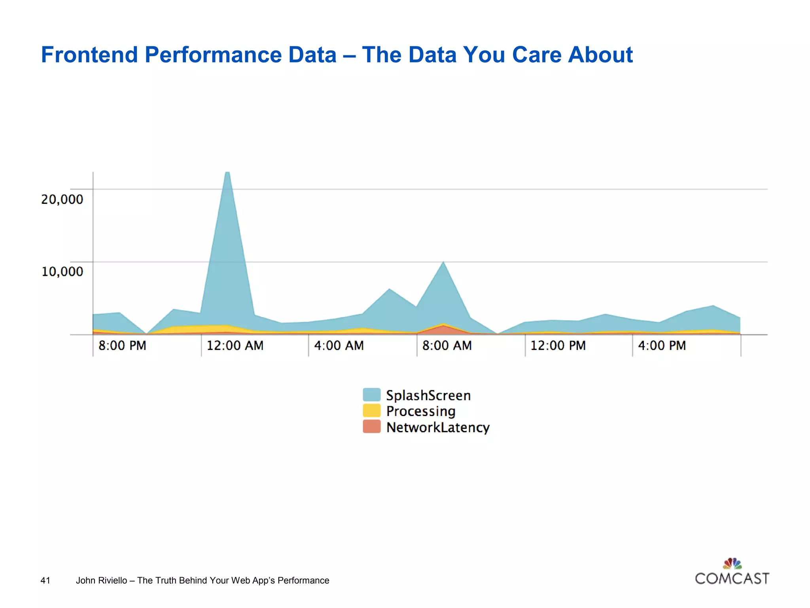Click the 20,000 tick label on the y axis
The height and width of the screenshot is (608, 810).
click(62, 199)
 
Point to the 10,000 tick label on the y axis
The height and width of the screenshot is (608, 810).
click(62, 272)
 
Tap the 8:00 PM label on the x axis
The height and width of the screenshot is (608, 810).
click(122, 346)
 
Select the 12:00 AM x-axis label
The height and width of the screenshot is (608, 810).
click(235, 346)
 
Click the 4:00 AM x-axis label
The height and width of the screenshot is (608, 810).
click(339, 346)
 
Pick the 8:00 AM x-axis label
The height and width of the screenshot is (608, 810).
click(447, 346)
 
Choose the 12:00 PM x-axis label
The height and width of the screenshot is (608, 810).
click(558, 346)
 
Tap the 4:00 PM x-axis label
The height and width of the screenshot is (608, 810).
click(662, 346)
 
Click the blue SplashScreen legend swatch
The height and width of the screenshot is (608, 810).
click(371, 395)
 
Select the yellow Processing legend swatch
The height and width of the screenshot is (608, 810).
click(371, 410)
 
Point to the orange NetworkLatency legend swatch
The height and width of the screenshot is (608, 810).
click(371, 427)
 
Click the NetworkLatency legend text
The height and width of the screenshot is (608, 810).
click(438, 427)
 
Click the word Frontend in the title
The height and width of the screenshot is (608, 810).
click(89, 55)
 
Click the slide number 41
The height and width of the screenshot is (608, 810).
click(45, 580)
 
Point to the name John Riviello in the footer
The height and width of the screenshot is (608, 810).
click(101, 580)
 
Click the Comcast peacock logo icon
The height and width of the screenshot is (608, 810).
click(732, 563)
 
